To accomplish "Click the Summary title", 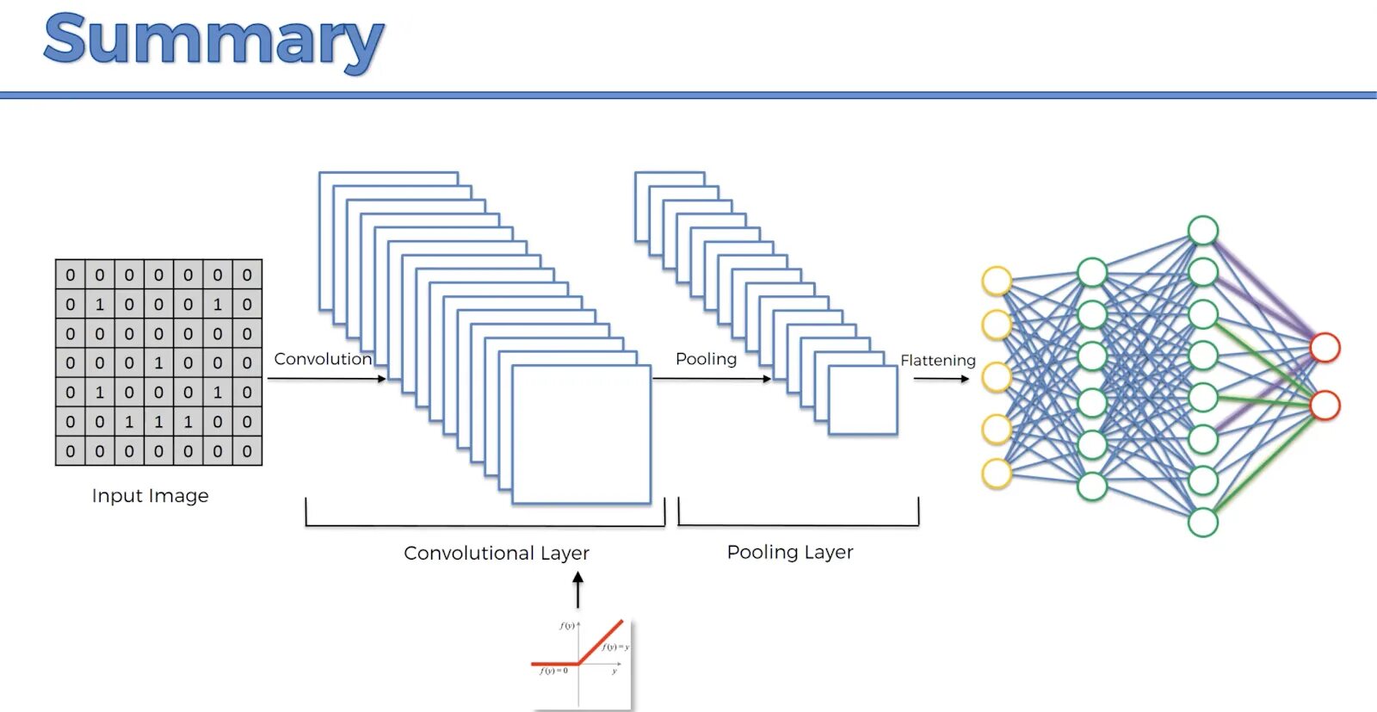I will click(x=213, y=40).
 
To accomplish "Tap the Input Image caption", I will click(x=150, y=496).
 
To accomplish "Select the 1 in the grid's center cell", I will click(x=158, y=362).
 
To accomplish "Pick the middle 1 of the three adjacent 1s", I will click(x=158, y=422).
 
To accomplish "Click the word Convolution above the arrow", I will click(x=323, y=359).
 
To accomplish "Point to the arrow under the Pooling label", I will click(x=712, y=379).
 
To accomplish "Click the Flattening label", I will click(x=938, y=360).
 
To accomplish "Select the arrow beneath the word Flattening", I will click(x=942, y=379).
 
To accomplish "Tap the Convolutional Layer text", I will click(x=497, y=553).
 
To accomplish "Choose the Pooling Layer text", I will click(x=790, y=552).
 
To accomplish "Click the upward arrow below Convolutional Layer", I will click(x=578, y=591).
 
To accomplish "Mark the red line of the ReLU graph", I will click(x=601, y=641).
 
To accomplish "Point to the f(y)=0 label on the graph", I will click(x=553, y=671).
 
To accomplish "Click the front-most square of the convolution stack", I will click(x=581, y=434).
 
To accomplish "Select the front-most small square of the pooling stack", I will click(x=862, y=399).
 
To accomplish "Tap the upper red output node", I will click(x=1325, y=348).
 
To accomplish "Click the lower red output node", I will click(x=1325, y=405).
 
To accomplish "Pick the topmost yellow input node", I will click(x=997, y=282).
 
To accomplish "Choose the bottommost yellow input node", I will click(x=997, y=474).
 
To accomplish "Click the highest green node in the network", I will click(x=1202, y=231).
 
